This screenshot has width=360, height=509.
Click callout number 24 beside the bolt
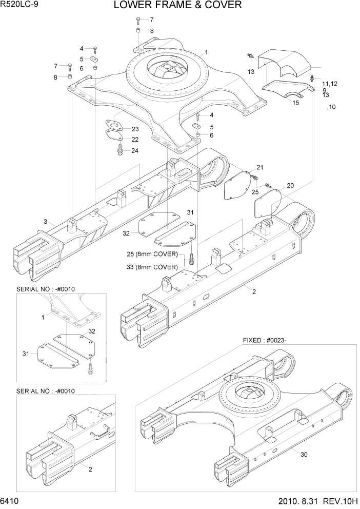[x=135, y=150]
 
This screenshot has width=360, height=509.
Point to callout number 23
[x=135, y=129]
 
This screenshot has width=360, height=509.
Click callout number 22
[x=135, y=139]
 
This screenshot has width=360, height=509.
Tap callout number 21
[x=260, y=167]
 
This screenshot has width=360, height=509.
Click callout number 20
[x=290, y=185]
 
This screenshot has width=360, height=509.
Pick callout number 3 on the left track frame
[x=46, y=222]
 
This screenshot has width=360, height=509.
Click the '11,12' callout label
[x=330, y=84]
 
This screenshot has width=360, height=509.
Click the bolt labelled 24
[x=119, y=150]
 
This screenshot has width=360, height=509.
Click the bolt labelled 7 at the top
[x=138, y=21]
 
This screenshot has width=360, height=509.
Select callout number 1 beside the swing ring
[x=206, y=52]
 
